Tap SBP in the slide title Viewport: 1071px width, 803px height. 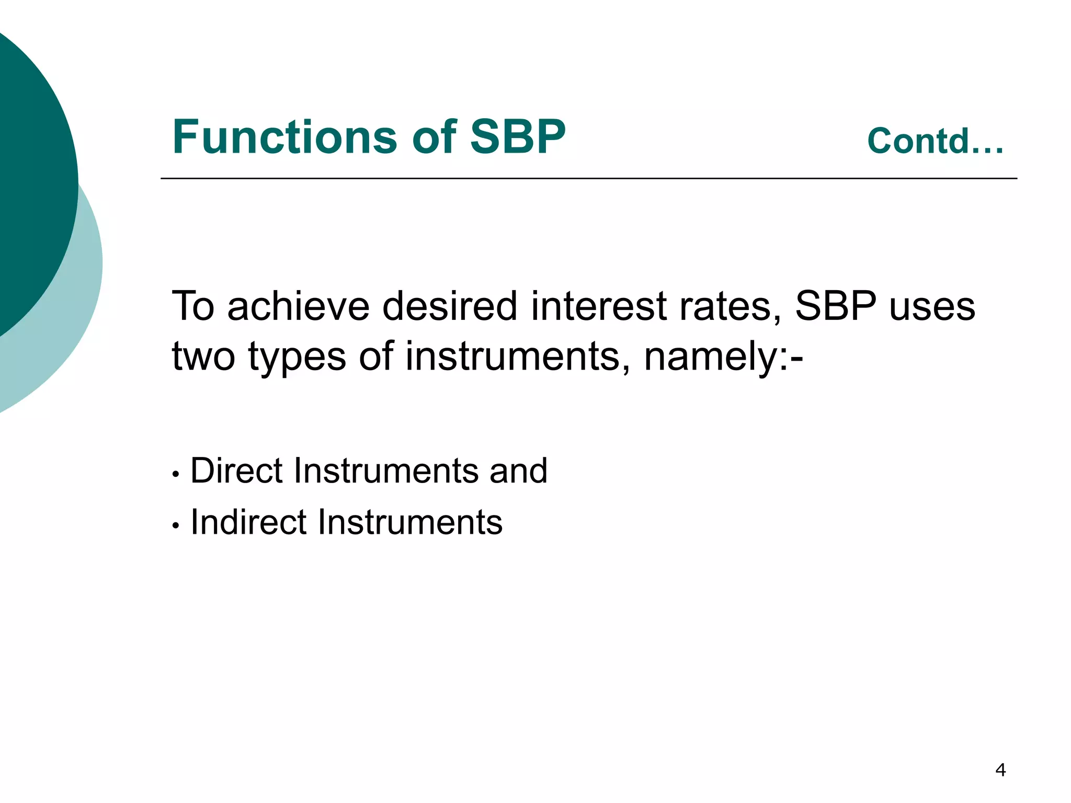[x=517, y=137]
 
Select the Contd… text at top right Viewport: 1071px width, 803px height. [x=935, y=141]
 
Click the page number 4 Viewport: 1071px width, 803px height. [x=1000, y=770]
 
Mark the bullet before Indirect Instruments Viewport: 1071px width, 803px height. [x=176, y=526]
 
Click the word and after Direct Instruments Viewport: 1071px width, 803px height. [x=518, y=471]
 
